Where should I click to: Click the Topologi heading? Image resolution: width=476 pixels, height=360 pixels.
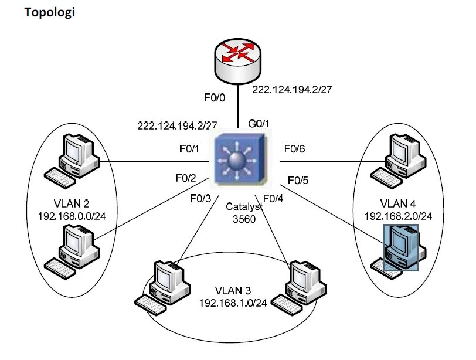point(50,12)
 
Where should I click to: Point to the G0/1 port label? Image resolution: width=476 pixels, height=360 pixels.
point(259,124)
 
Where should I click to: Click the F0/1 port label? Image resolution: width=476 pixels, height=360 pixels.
point(189,149)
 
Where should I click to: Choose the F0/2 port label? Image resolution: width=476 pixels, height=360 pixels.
point(186,177)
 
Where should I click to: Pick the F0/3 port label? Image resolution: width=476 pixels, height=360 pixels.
point(200,198)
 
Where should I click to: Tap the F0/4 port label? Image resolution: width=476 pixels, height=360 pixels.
point(273,198)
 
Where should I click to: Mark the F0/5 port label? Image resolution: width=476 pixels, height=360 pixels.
point(299,178)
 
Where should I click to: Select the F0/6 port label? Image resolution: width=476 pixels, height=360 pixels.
point(294,149)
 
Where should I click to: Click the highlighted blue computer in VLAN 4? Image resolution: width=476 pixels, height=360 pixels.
point(400,247)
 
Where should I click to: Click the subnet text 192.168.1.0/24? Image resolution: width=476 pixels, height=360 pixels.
point(233,303)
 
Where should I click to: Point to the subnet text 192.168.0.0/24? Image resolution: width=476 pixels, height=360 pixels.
point(71,215)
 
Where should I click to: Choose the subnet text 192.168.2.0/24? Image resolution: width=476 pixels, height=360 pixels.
point(399,215)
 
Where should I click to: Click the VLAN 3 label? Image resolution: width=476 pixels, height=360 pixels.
point(233,291)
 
